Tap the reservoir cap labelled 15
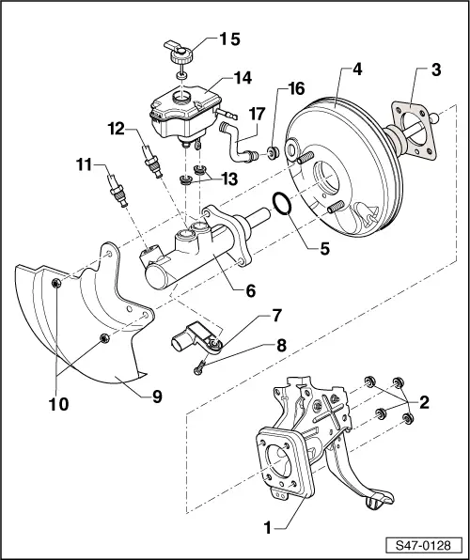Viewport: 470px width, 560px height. [x=179, y=51]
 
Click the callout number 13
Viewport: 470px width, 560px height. [x=227, y=179]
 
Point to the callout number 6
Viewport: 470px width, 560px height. [x=250, y=291]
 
